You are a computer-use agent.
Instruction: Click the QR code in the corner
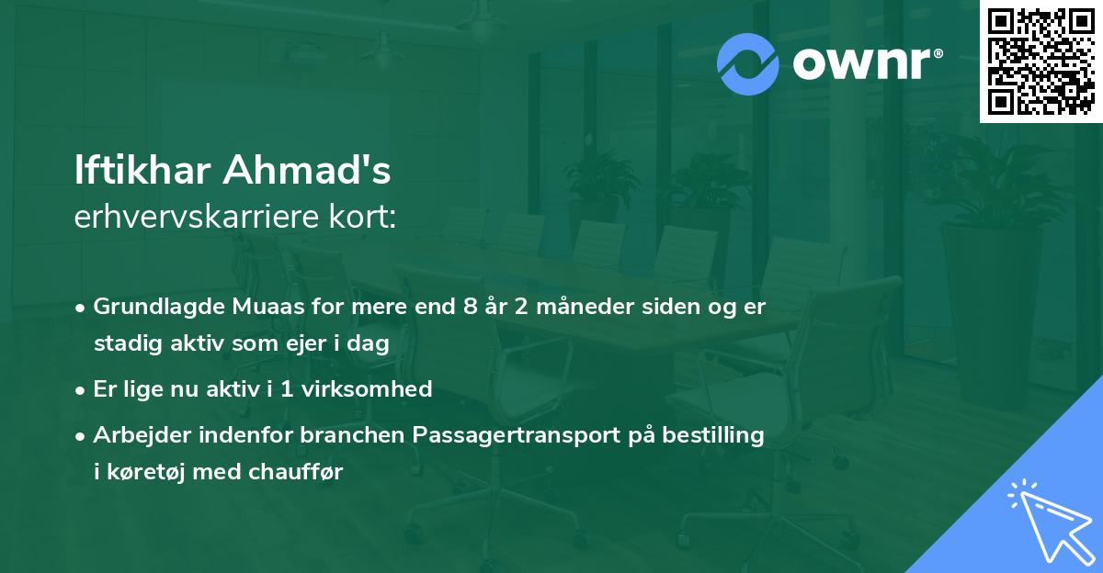[x=1040, y=62]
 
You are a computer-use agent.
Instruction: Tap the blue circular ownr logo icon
[x=748, y=64]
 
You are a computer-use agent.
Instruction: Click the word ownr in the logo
[x=866, y=64]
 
